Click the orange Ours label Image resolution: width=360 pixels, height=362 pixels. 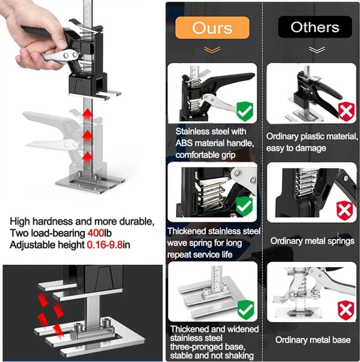[212, 28]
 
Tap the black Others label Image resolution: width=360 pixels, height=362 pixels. [315, 27]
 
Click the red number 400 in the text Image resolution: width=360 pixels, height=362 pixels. [96, 233]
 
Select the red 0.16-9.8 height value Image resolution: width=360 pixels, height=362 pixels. [104, 245]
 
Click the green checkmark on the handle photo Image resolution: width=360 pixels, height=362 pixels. [245, 111]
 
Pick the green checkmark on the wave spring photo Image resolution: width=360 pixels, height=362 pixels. [244, 206]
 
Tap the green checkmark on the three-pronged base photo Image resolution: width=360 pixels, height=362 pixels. [246, 310]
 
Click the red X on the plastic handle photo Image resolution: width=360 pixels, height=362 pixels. [346, 111]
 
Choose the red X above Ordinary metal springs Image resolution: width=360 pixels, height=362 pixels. [345, 210]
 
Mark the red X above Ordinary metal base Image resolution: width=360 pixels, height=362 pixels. [346, 311]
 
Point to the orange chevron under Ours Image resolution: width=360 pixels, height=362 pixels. [212, 50]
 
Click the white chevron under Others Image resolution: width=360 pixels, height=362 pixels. [317, 50]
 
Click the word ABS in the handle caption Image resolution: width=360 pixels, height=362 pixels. [184, 143]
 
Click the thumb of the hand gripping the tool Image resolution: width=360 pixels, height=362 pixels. [54, 36]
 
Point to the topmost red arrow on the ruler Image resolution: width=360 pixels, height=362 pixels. [88, 114]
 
